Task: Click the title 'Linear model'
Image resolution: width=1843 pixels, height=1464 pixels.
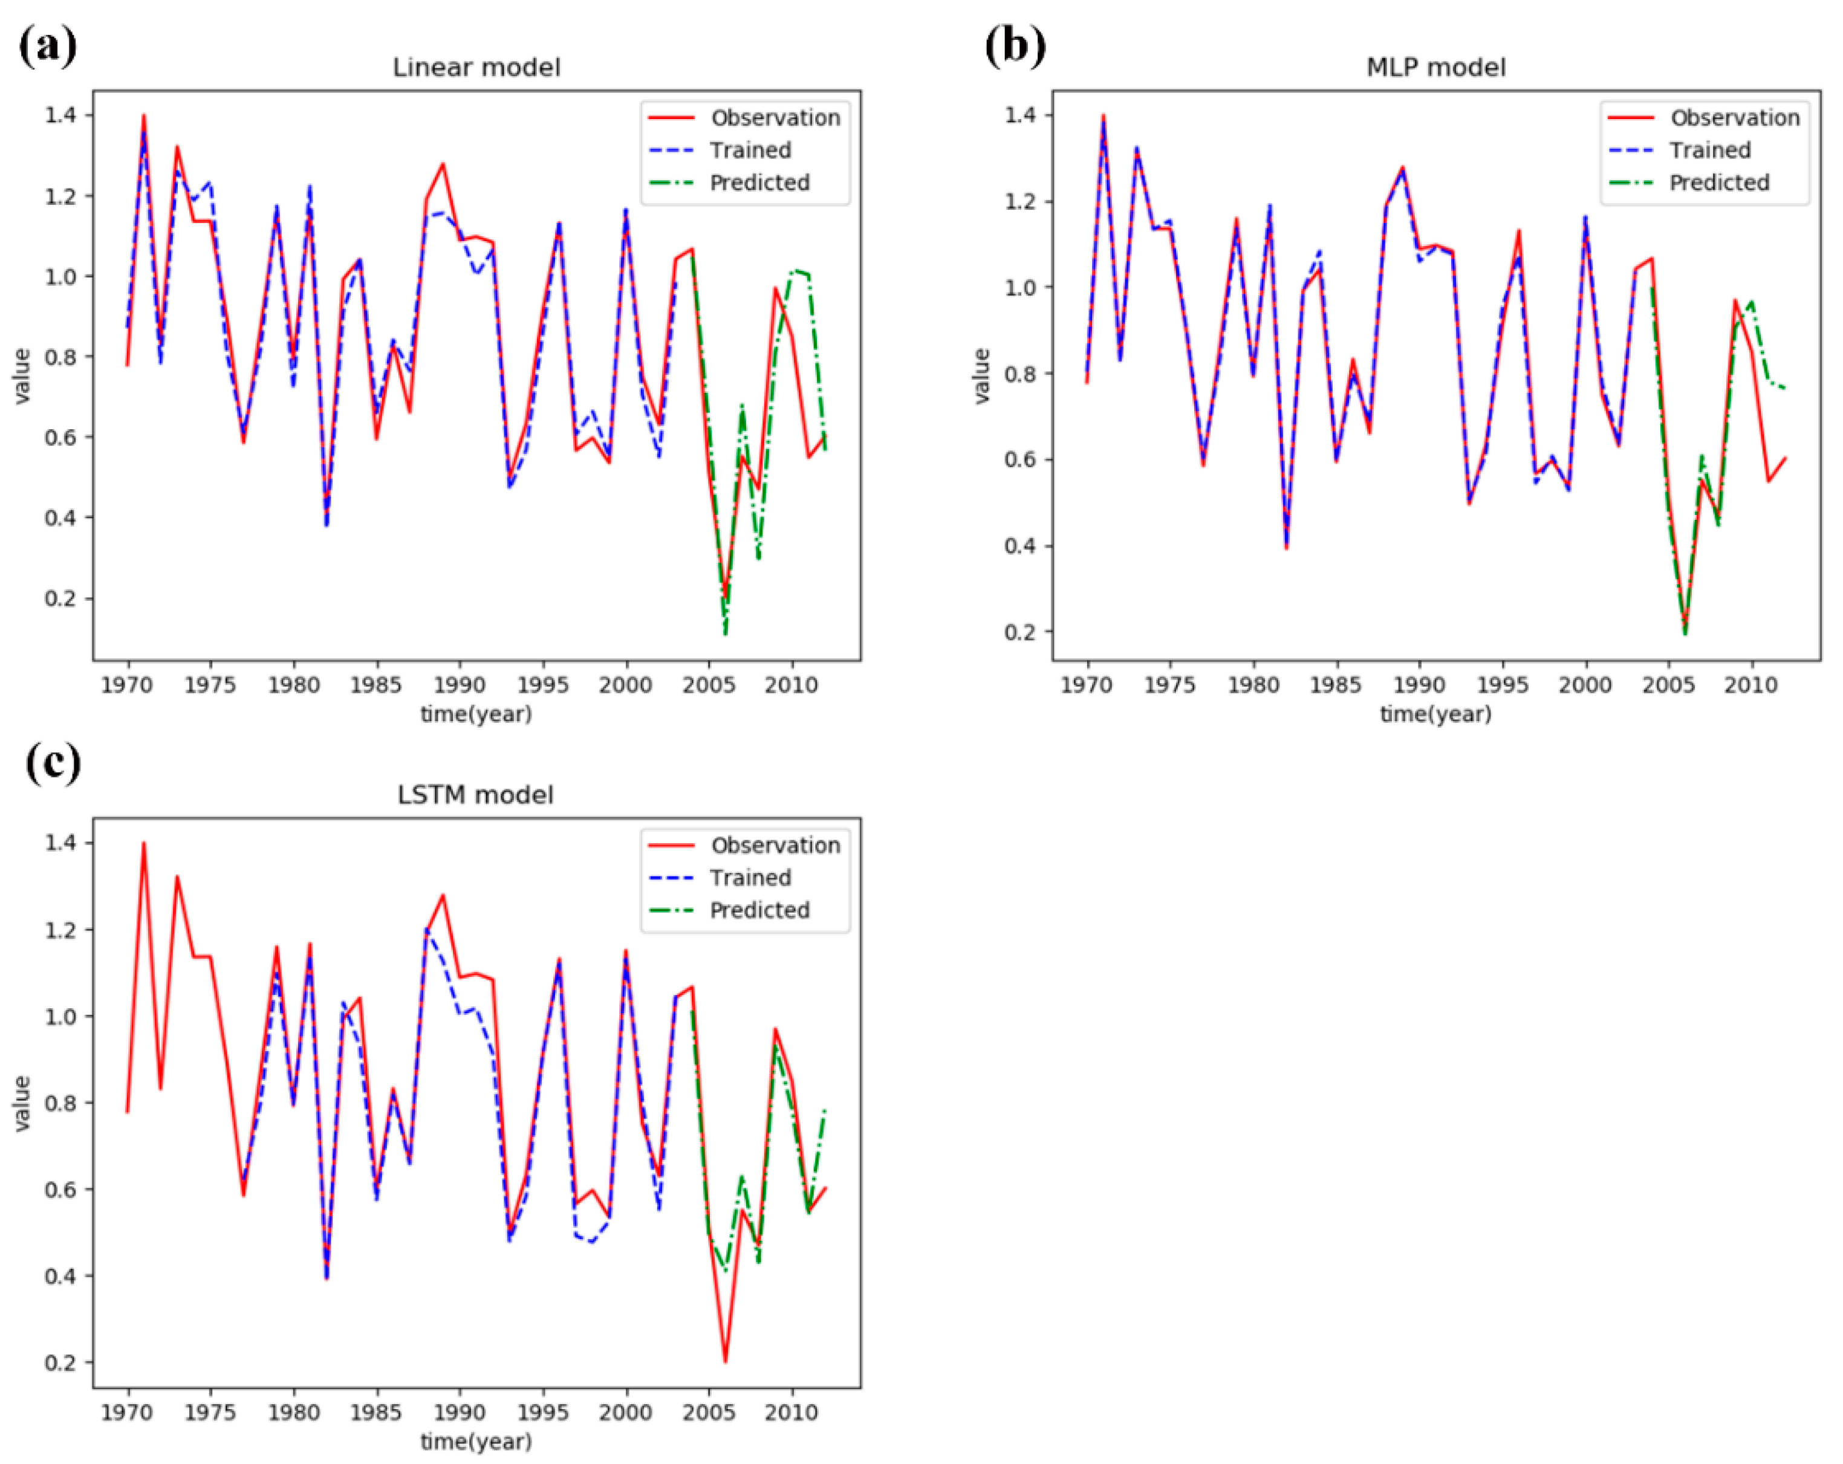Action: (476, 68)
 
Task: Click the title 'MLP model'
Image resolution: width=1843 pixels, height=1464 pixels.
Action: (1435, 68)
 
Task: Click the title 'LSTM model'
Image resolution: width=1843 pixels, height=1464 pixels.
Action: (475, 795)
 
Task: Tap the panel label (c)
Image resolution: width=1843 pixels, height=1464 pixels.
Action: (53, 762)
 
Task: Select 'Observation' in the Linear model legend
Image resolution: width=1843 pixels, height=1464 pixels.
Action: (775, 118)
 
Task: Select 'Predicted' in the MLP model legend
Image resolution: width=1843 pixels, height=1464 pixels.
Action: (1718, 183)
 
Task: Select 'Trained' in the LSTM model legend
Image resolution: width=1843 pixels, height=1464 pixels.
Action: (750, 878)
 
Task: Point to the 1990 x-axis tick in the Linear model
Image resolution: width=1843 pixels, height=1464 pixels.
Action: (460, 685)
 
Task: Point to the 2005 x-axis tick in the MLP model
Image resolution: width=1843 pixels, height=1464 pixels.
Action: (1668, 685)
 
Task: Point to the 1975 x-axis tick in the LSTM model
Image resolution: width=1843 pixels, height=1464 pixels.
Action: (210, 1413)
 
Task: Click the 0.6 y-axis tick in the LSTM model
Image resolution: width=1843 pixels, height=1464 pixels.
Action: (60, 1190)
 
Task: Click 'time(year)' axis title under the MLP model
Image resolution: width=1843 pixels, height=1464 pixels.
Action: (1435, 714)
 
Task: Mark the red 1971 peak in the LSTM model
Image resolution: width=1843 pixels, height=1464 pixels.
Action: (144, 844)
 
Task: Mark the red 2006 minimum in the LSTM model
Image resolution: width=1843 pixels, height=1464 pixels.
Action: (725, 1361)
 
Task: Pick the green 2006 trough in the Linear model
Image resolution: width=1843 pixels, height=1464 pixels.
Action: (725, 633)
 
